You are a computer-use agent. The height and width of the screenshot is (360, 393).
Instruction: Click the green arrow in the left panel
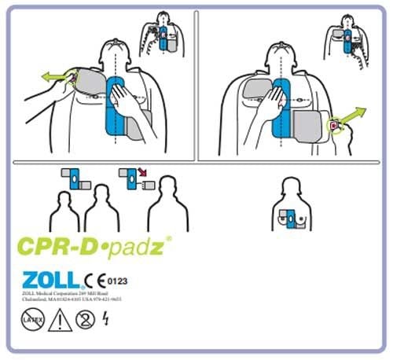point(53,77)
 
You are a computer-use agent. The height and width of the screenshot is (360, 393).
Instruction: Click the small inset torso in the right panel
point(347,35)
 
